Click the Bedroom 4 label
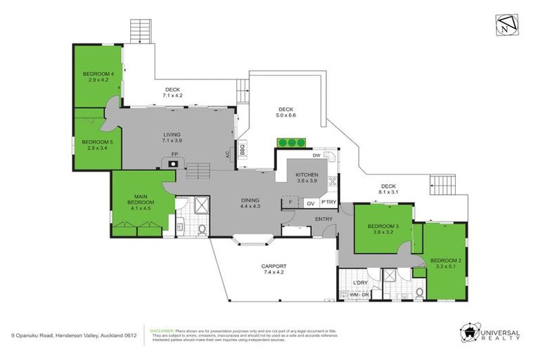coord(98,77)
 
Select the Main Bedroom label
coord(140,202)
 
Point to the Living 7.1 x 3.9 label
coord(172,138)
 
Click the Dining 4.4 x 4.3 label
coord(250,202)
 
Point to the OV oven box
coord(310,203)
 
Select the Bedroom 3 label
coord(383,229)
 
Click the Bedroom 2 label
coord(443,262)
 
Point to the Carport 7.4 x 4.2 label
coord(275,269)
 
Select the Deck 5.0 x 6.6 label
coord(285,112)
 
